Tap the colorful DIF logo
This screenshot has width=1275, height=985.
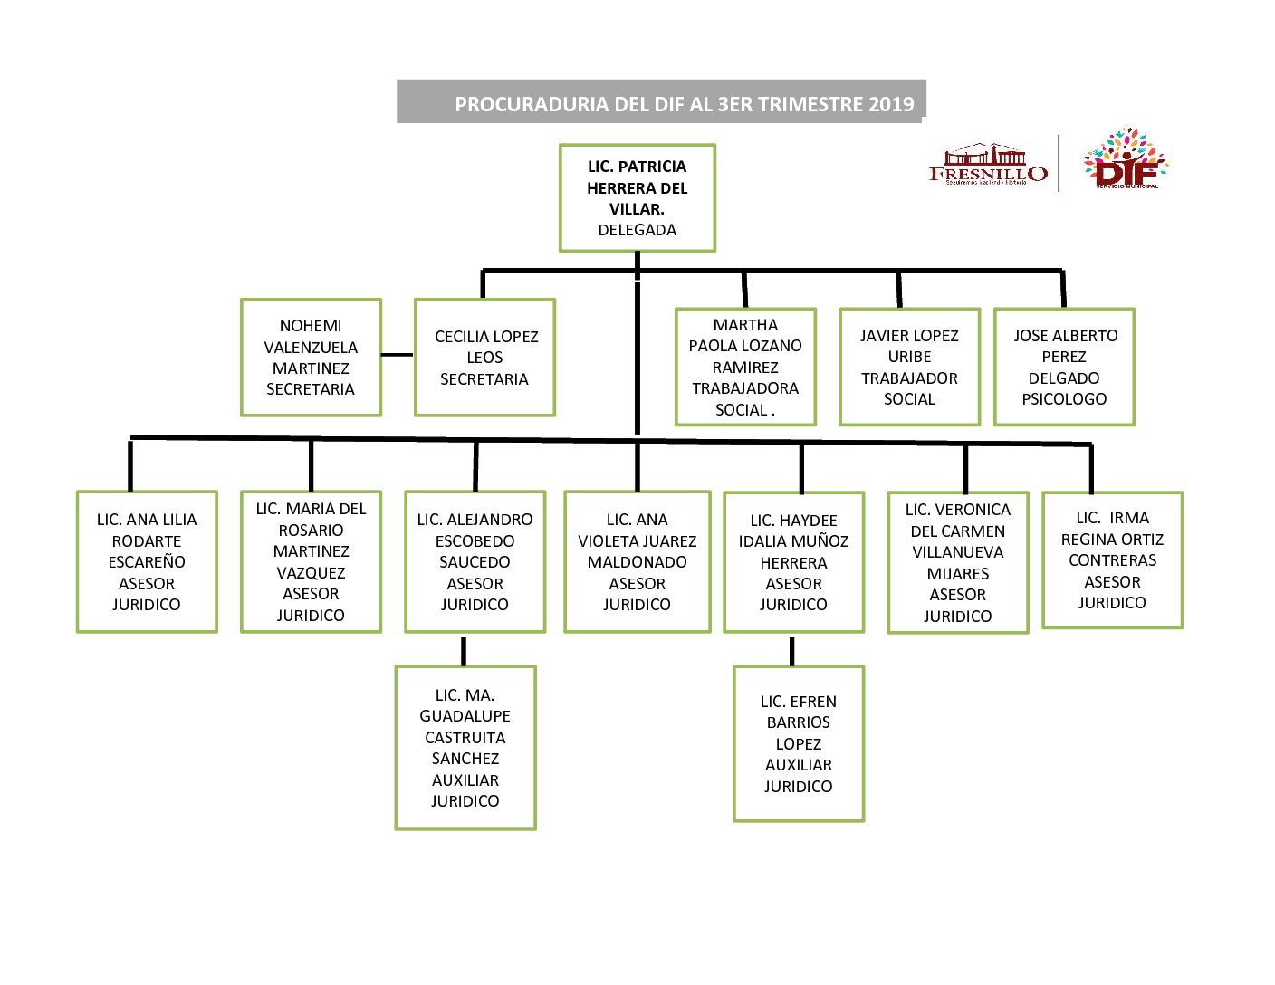(1126, 159)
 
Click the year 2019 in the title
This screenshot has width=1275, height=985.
(891, 104)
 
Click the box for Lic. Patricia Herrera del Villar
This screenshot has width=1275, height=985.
(637, 197)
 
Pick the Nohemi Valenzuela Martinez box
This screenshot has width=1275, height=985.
(311, 358)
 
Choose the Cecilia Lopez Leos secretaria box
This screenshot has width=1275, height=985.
(484, 358)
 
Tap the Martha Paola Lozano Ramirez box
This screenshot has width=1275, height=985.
(745, 367)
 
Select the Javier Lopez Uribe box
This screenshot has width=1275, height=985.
(909, 367)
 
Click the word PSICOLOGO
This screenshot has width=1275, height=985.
(1064, 399)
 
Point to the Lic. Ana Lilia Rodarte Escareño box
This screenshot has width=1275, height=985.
(147, 561)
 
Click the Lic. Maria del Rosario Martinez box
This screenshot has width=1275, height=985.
(311, 561)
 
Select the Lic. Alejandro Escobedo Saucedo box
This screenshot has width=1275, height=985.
(475, 561)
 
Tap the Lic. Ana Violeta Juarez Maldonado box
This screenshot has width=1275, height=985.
(637, 561)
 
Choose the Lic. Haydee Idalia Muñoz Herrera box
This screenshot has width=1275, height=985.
(793, 561)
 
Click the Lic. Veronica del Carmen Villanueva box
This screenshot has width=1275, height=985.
(957, 562)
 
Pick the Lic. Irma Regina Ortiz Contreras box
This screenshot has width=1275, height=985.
(1112, 559)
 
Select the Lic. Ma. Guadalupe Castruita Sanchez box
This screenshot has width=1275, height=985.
(465, 747)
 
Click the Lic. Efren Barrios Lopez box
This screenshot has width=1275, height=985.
(798, 743)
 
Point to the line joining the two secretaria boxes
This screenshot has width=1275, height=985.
(398, 355)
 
